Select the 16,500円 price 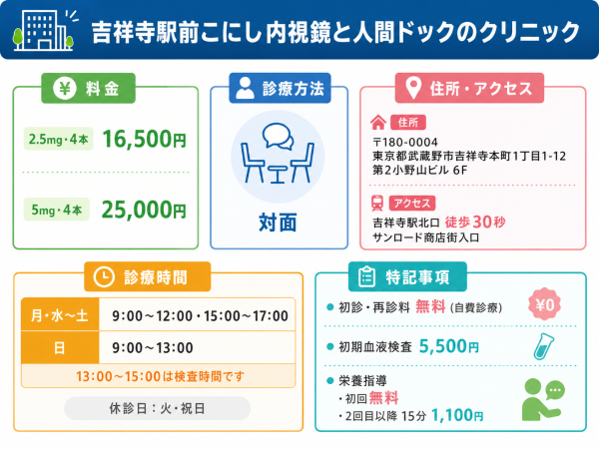(145, 139)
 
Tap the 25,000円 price (144, 210)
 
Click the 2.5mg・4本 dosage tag (59, 139)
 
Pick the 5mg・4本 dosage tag (57, 210)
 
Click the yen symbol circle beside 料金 (65, 89)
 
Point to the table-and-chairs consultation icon (278, 153)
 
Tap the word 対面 (278, 223)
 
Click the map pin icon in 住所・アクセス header (413, 88)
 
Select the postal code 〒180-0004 (405, 143)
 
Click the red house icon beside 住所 (378, 122)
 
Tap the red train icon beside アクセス (377, 204)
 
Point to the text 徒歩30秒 (475, 222)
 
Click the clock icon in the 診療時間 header (104, 276)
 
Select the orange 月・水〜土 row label (60, 315)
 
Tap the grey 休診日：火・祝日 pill (157, 408)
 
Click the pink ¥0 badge (544, 304)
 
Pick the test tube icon (543, 346)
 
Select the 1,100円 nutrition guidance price (457, 415)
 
